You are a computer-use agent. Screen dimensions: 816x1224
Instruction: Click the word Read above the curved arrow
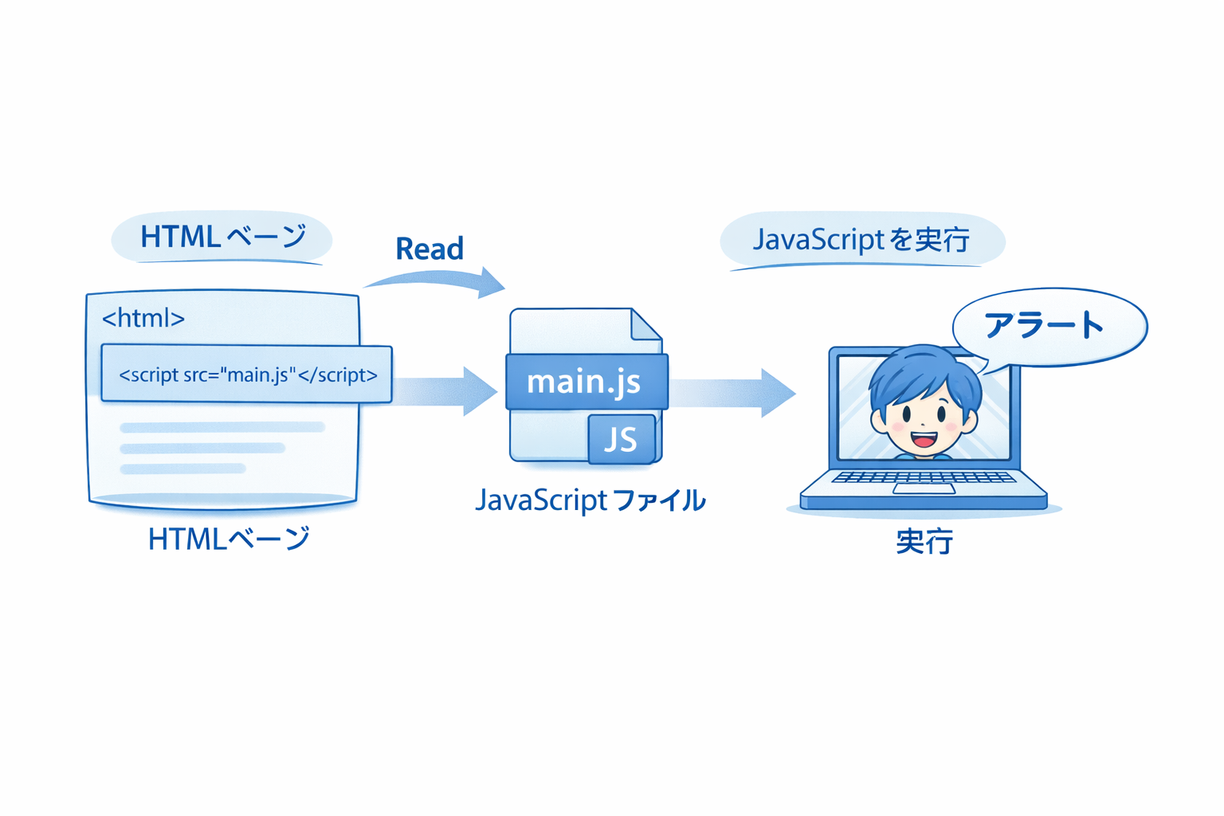430,249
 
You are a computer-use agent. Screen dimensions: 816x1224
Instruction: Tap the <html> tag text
143,319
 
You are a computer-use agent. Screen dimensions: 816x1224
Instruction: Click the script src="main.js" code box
247,375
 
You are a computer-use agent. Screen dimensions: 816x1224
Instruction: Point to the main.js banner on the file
586,382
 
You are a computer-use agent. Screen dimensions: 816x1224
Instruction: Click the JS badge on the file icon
622,439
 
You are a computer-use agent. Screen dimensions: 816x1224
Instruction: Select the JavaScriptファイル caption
590,500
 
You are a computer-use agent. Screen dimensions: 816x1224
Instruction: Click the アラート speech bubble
1048,326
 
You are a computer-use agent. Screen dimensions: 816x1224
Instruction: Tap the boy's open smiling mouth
924,439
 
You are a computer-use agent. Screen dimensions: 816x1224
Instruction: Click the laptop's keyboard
923,477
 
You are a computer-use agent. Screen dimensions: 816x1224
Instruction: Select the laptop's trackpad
924,488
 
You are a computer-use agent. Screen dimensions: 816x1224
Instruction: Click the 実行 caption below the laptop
924,542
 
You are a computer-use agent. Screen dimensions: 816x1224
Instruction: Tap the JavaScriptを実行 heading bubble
861,240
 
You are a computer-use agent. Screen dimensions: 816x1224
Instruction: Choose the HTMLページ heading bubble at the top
222,237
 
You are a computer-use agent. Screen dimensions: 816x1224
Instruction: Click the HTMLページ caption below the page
229,539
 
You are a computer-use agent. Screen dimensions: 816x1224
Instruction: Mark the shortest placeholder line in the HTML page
183,469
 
